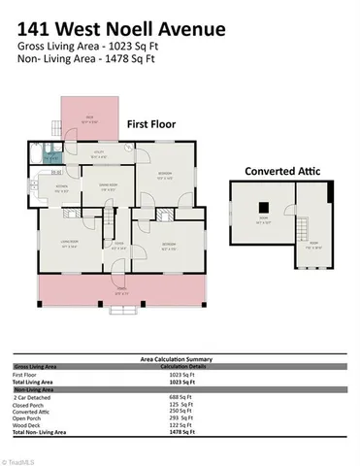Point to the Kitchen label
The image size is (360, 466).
(61, 188)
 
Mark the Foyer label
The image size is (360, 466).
(116, 247)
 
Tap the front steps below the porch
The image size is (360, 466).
(121, 310)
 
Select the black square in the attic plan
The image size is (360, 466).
(263, 206)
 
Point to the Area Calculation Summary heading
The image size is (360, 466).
(180, 358)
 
